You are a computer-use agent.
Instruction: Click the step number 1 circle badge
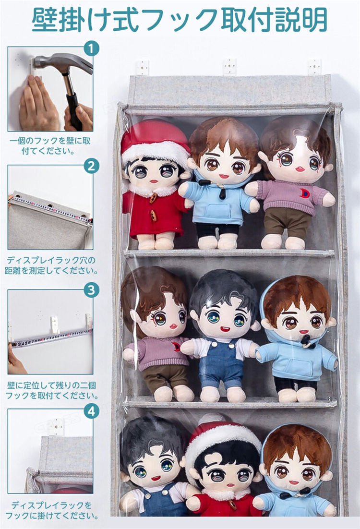point(91,48)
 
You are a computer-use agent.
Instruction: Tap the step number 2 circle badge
point(91,166)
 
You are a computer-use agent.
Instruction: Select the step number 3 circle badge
point(91,290)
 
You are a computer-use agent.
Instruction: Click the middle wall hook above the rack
point(229,67)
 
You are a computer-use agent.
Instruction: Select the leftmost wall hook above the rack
point(143,68)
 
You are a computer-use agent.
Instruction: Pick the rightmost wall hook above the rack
point(314,67)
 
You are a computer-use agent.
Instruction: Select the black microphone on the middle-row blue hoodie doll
point(306,341)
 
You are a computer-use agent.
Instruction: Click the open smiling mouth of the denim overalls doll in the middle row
point(224,329)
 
